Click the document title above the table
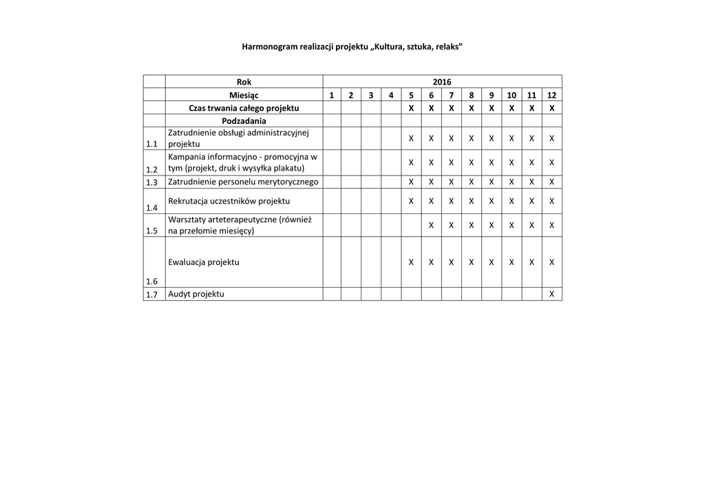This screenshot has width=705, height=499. [x=352, y=47]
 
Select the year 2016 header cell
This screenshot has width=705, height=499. [x=442, y=82]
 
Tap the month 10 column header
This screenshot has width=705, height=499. [x=512, y=95]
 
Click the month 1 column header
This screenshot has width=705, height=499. [x=332, y=95]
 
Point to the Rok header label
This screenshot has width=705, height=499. [x=244, y=82]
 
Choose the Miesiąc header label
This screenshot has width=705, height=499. [x=244, y=95]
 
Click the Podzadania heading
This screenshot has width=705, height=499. [x=244, y=120]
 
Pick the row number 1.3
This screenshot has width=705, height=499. [x=152, y=182]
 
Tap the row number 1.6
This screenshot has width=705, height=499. [x=152, y=281]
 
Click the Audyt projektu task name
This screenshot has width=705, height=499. [x=196, y=295]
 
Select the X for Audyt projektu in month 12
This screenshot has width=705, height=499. [x=551, y=295]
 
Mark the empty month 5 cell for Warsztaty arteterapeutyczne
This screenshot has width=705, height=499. [x=411, y=225]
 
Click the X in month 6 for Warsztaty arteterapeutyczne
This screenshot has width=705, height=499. [x=431, y=225]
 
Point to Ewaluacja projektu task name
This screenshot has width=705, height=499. [x=204, y=262]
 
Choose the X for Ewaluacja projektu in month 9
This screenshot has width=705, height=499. [x=492, y=262]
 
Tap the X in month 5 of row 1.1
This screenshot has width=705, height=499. [x=411, y=138]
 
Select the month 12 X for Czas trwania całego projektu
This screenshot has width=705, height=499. [x=551, y=108]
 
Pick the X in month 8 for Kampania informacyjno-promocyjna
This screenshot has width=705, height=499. [x=472, y=162]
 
